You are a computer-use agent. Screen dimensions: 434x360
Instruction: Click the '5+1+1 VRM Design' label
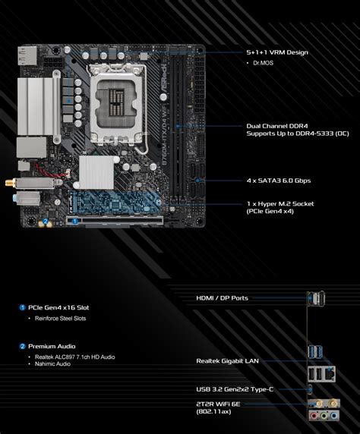(x=277, y=52)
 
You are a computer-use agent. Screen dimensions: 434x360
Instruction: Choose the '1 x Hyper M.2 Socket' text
(x=280, y=203)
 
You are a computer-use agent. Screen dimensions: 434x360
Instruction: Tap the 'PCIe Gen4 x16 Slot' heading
(x=58, y=307)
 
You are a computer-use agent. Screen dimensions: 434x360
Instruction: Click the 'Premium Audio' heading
(x=52, y=346)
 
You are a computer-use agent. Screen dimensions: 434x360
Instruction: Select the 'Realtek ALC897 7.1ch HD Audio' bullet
(x=75, y=357)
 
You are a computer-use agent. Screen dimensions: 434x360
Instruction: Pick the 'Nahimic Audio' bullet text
(x=52, y=364)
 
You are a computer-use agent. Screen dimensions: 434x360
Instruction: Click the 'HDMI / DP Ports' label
(x=222, y=298)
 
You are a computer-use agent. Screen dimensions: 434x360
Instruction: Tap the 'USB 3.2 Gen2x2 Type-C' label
(x=233, y=389)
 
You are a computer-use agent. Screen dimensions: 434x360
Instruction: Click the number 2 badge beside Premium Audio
(x=22, y=346)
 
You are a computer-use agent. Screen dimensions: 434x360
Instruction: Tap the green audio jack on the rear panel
(x=325, y=416)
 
